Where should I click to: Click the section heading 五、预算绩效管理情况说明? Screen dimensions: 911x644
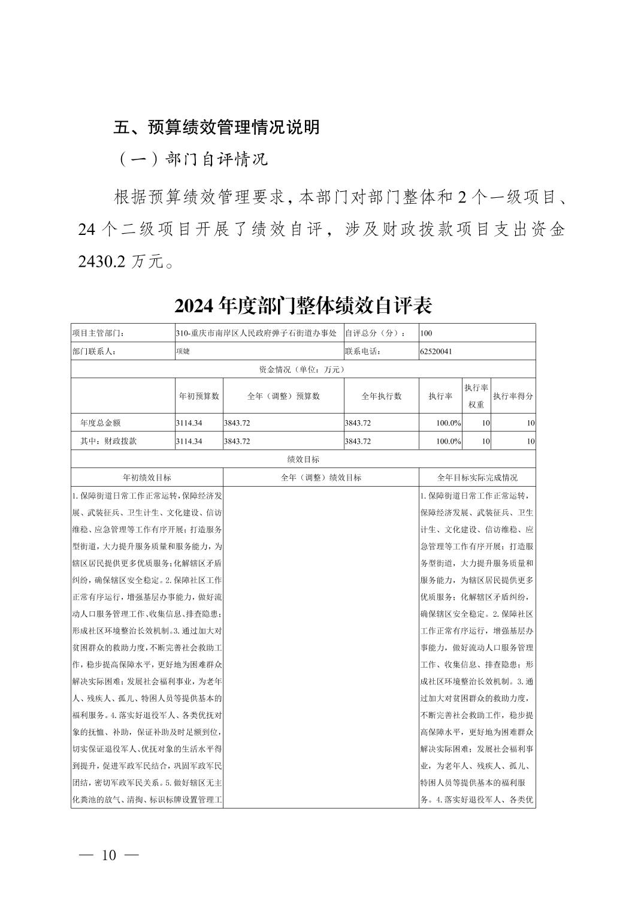pos(216,127)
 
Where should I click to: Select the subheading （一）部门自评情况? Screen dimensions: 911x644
pos(192,159)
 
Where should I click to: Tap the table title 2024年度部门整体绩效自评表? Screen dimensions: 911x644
pos(303,306)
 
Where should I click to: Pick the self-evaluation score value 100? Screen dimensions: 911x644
pos(427,333)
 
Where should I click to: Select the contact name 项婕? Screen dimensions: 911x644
pos(183,351)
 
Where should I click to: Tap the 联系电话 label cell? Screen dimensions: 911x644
pos(363,351)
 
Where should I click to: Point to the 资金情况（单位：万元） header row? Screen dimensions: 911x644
pos(303,369)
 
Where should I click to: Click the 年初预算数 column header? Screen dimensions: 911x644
pos(199,396)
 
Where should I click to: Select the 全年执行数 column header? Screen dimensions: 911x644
pos(381,396)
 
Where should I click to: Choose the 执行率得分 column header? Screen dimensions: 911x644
pos(513,396)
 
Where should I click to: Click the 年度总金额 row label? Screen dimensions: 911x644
pos(100,423)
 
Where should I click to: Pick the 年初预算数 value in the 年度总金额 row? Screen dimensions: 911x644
pos(189,423)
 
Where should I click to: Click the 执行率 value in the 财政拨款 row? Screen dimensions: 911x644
pos(448,441)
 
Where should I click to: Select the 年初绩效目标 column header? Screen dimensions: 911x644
pos(147,478)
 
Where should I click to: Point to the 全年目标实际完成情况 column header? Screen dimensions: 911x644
pos(477,478)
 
